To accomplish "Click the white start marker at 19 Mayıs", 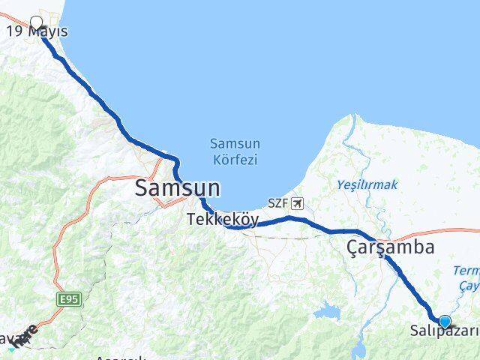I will pyautogui.click(x=37, y=22).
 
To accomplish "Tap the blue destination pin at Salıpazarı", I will pyautogui.click(x=445, y=322).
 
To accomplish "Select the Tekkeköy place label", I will pyautogui.click(x=223, y=220).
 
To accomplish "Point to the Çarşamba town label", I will pyautogui.click(x=390, y=247).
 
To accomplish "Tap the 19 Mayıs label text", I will pyautogui.click(x=37, y=31).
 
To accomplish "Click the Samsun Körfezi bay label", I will pyautogui.click(x=234, y=151).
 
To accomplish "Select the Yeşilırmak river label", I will pyautogui.click(x=367, y=184).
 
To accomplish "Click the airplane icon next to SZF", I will pyautogui.click(x=298, y=203).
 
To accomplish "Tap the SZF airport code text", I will pyautogui.click(x=279, y=203).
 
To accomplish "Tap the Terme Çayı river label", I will pyautogui.click(x=466, y=277).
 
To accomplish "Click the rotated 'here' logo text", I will pyautogui.click(x=25, y=336).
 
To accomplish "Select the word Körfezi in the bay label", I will pyautogui.click(x=234, y=160).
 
